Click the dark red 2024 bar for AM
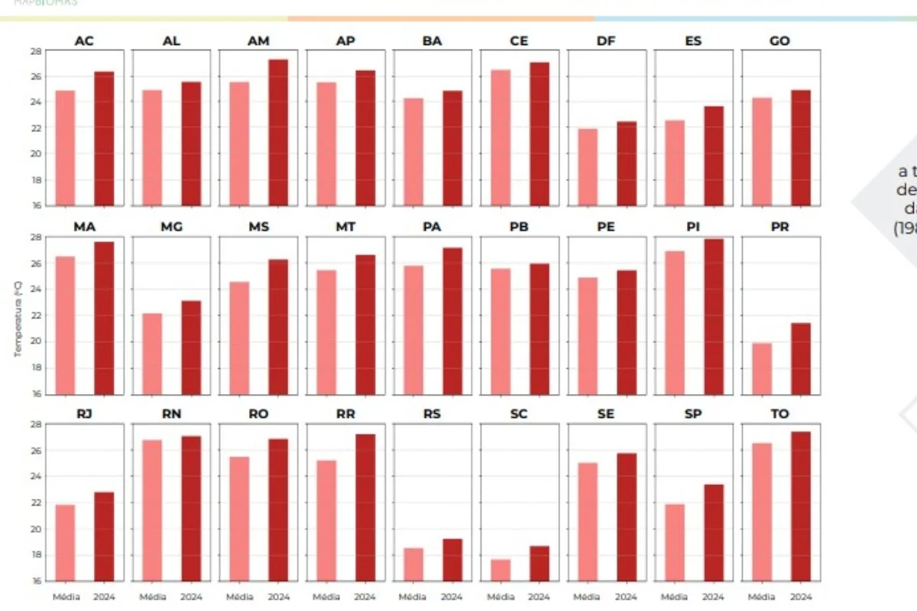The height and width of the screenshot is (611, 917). pyautogui.click(x=278, y=133)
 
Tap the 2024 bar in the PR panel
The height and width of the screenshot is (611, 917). pyautogui.click(x=801, y=359)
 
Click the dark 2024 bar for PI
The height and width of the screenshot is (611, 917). pyautogui.click(x=714, y=317)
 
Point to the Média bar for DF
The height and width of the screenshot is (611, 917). pyautogui.click(x=588, y=167)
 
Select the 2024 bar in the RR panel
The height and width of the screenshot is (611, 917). pyautogui.click(x=365, y=508)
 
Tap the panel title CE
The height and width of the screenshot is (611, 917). pyautogui.click(x=519, y=41)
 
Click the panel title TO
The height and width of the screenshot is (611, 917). pyautogui.click(x=780, y=414)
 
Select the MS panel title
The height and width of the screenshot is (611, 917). pyautogui.click(x=258, y=228)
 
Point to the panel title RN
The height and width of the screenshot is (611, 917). pyautogui.click(x=171, y=414)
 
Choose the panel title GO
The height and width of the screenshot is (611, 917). pyautogui.click(x=780, y=41)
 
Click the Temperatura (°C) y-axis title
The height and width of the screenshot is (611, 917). pyautogui.click(x=18, y=318)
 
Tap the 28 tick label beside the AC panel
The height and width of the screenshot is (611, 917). pyautogui.click(x=36, y=51)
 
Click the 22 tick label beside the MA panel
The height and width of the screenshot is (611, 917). pyautogui.click(x=36, y=315)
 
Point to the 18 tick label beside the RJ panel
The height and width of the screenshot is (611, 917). pyautogui.click(x=36, y=555)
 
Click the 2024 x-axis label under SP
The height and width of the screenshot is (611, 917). pyautogui.click(x=714, y=596)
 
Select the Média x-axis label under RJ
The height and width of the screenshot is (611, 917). pyautogui.click(x=65, y=596)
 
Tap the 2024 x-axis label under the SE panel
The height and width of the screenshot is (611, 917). pyautogui.click(x=627, y=596)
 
